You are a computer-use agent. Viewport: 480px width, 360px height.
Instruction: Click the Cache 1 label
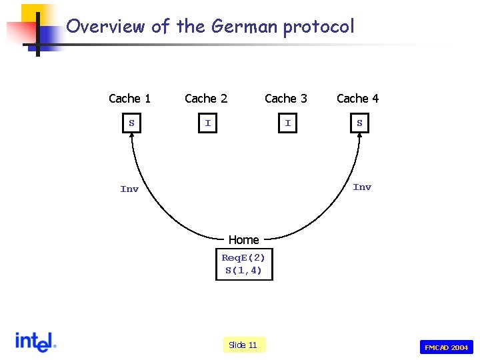(x=129, y=99)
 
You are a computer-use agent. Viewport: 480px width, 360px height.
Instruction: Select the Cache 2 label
(x=206, y=99)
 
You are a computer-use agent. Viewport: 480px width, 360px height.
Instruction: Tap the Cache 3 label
(x=286, y=99)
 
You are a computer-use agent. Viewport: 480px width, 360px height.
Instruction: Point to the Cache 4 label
(x=357, y=99)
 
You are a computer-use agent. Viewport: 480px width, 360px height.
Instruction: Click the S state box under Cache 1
(x=132, y=123)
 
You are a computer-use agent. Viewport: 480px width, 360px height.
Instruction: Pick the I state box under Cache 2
(x=208, y=123)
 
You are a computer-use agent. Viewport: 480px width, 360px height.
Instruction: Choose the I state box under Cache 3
(x=288, y=123)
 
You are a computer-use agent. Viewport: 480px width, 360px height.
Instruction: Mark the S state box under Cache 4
(x=359, y=123)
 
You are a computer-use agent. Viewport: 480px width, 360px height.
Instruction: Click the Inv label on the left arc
(x=129, y=189)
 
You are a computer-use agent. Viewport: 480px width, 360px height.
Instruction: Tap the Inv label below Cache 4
(x=362, y=187)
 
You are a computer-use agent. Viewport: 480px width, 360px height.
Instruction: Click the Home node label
(x=243, y=240)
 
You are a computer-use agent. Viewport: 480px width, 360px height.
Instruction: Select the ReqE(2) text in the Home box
(x=243, y=258)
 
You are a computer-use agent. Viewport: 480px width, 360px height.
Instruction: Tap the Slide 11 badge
(x=243, y=345)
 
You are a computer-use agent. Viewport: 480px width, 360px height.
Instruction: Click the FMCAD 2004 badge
(x=447, y=347)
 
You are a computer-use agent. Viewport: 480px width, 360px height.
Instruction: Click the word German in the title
(x=244, y=27)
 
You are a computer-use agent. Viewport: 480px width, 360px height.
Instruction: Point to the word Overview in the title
(x=105, y=27)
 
